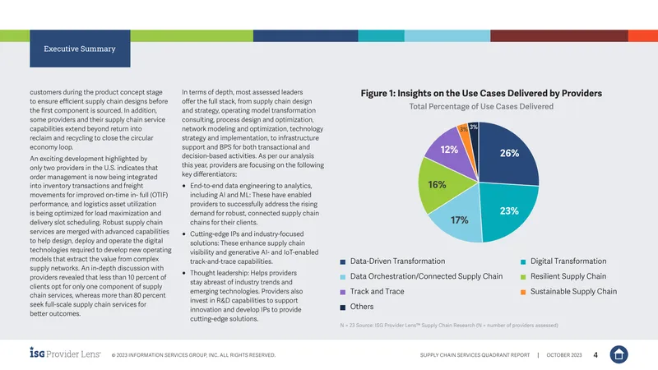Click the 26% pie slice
pos(507,155)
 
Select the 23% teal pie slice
pos(507,210)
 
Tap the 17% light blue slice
pos(459,219)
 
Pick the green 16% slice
pos(438,184)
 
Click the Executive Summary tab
pos(80,49)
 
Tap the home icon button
pos(619,354)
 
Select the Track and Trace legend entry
pos(373,292)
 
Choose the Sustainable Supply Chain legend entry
pos(568,292)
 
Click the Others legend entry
pos(357,307)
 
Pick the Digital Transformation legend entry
pos(563,261)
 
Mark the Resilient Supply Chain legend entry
pos(563,276)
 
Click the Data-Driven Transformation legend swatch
pos(343,261)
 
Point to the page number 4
pos(595,355)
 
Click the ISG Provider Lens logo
pos(65,353)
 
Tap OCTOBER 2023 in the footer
pos(564,355)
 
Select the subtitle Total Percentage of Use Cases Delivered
pos(481,107)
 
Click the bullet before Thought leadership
pos(184,273)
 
